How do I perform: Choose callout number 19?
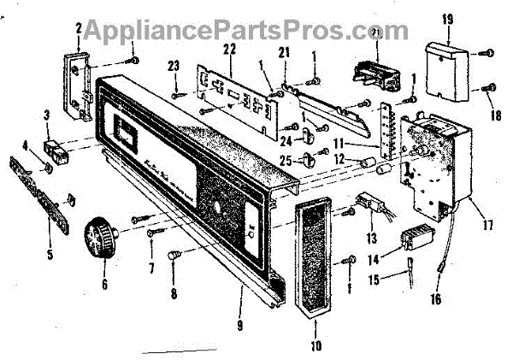coord(448,17)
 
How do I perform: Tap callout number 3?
coord(47,115)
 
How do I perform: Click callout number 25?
coord(285,161)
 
